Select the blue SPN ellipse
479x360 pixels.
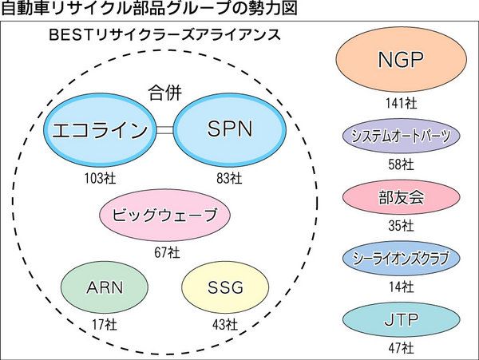click(229, 130)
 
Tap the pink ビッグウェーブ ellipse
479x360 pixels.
click(165, 216)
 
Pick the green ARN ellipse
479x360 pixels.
click(104, 287)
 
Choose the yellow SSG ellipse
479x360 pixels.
click(224, 287)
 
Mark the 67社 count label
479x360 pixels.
click(167, 252)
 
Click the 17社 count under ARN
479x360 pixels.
click(105, 324)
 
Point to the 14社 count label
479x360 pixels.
click(401, 286)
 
